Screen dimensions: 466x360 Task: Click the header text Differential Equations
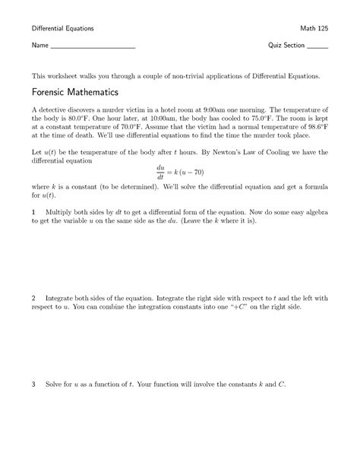62,28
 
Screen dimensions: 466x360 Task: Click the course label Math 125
314,28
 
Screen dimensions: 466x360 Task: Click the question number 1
33,210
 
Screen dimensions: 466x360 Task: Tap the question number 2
33,297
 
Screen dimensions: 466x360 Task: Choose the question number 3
33,384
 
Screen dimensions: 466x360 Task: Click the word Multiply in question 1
61,210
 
